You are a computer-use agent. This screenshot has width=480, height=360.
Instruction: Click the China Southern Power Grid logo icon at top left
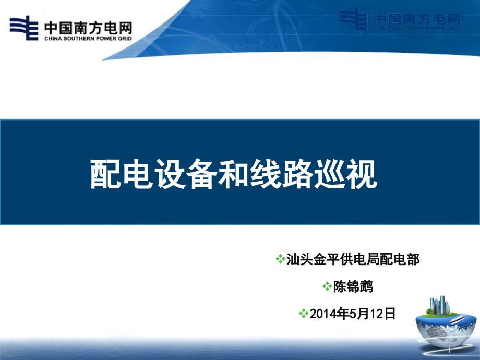click(24, 28)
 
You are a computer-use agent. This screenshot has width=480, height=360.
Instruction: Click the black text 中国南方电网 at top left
click(88, 28)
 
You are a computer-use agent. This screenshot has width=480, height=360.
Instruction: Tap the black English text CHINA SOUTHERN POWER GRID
click(88, 39)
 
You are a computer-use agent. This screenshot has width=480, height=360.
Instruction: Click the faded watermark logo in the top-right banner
click(399, 20)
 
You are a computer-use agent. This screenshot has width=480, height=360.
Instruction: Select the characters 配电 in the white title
click(122, 174)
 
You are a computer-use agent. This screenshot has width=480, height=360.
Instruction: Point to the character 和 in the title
click(233, 174)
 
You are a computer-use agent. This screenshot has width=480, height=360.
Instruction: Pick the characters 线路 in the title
click(281, 174)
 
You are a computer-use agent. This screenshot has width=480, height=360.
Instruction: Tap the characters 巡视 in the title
click(345, 174)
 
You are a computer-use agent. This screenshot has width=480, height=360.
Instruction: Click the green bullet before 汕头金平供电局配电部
click(280, 259)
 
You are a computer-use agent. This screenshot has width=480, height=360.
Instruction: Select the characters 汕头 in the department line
click(299, 259)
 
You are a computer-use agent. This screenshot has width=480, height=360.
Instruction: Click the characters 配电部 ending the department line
click(400, 259)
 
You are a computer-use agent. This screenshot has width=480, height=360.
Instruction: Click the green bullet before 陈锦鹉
click(327, 286)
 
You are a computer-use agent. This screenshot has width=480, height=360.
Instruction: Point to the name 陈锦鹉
click(353, 286)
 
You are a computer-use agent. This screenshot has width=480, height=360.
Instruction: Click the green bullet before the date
click(304, 314)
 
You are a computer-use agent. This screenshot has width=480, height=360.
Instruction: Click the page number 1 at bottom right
click(450, 351)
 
